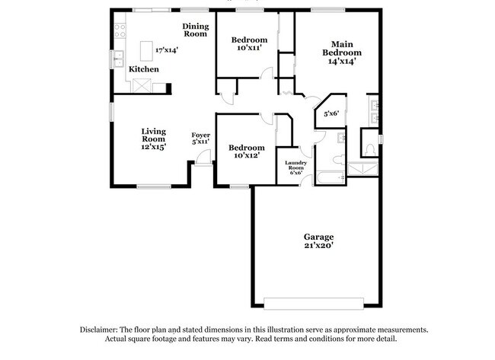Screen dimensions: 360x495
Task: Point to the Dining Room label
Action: [x=195, y=30]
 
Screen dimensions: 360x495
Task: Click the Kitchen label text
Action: [x=143, y=69]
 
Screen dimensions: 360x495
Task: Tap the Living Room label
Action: [x=153, y=135]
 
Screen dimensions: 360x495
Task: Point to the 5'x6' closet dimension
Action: [x=331, y=113]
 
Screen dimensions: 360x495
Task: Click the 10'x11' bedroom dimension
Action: [x=248, y=48]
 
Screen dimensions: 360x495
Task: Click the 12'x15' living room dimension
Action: [x=153, y=147]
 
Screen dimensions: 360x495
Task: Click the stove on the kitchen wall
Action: [x=120, y=31]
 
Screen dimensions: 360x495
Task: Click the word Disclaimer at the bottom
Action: [x=101, y=330]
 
